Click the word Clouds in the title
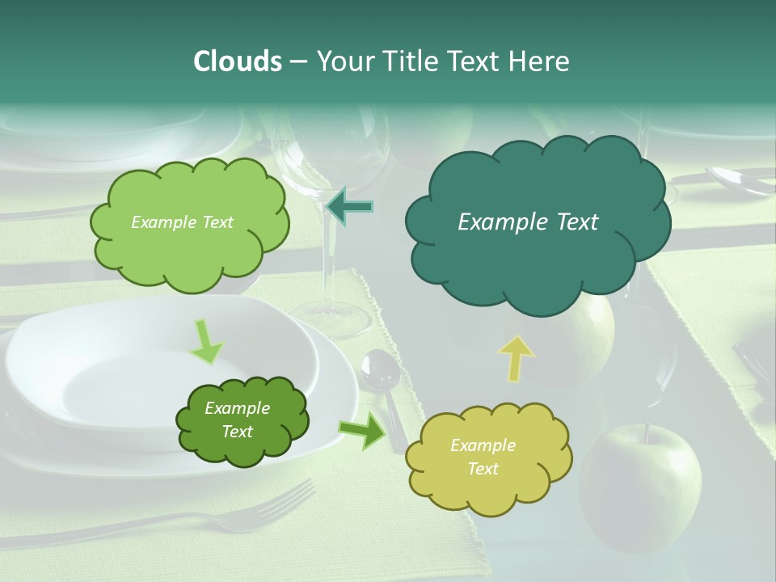(x=237, y=61)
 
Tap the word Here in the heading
(x=540, y=61)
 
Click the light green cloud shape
(x=189, y=222)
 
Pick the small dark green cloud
(x=242, y=420)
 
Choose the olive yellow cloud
(x=487, y=458)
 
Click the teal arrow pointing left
(x=349, y=206)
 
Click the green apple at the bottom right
(x=640, y=485)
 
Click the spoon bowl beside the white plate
(x=380, y=370)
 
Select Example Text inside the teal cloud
(x=528, y=222)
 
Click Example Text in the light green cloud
(x=182, y=222)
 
